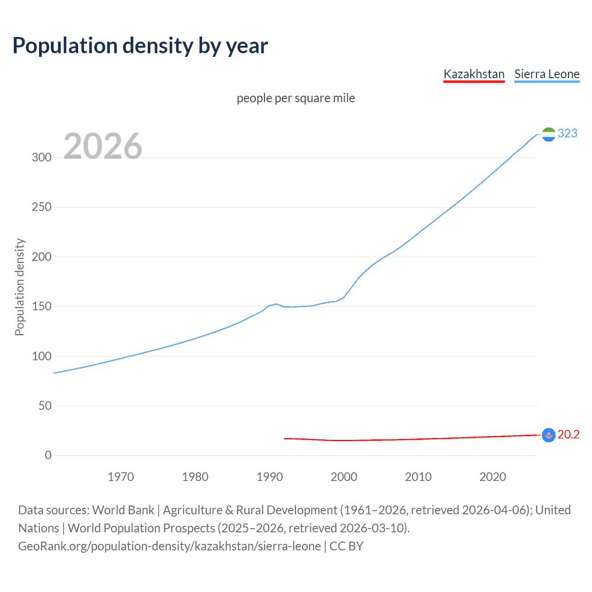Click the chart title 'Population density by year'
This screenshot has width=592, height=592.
point(140,45)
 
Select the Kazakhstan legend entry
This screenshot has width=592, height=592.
point(474,74)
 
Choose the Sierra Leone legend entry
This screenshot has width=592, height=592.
point(547,74)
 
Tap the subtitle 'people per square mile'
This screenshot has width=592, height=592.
point(296,98)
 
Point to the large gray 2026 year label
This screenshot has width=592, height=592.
point(103,146)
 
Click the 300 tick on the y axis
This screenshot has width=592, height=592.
point(42,157)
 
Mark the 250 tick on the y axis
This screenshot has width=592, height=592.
point(42,207)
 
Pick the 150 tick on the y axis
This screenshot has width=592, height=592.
point(42,306)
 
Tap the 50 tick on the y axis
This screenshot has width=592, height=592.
point(45,406)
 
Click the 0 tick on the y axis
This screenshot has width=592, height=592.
point(48,455)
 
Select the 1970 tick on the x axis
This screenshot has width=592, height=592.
point(121,477)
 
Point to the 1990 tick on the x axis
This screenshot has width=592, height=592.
point(270,477)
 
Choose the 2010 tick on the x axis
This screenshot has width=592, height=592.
point(418,477)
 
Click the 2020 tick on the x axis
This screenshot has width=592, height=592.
point(493,477)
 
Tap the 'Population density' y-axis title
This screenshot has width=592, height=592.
point(19,287)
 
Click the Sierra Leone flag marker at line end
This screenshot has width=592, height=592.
point(549,134)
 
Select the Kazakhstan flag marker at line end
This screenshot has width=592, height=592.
point(549,435)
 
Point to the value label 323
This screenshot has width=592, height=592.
point(567,133)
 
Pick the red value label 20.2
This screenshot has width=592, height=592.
point(568,434)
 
